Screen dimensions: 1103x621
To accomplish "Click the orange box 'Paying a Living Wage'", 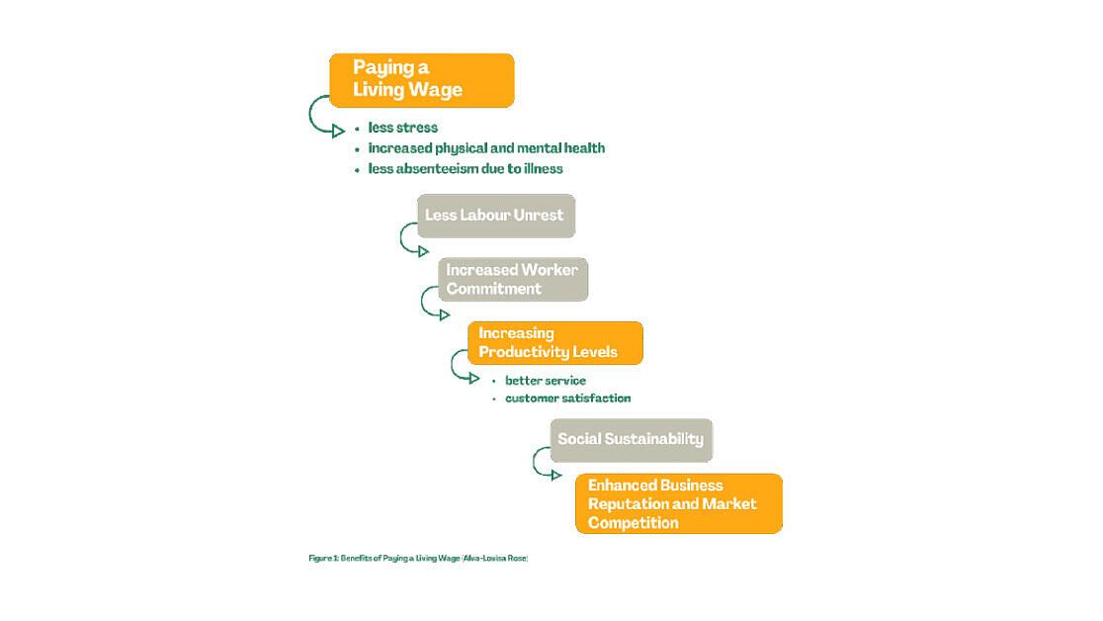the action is (421, 80).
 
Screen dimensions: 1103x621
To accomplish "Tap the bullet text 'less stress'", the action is (402, 128).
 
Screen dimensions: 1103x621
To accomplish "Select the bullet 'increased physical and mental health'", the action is (486, 148).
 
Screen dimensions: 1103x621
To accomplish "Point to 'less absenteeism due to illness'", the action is (465, 168).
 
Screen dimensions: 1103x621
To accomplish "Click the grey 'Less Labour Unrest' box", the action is (496, 216).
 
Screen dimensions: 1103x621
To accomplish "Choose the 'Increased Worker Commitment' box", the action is (513, 280).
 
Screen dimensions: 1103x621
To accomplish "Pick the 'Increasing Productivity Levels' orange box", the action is (555, 343).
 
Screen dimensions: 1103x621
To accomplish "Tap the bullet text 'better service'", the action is (546, 380).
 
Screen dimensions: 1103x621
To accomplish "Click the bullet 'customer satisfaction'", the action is (567, 398).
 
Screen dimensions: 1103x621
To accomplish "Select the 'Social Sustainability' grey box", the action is (631, 440).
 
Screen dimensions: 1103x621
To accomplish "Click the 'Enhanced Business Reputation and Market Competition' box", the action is (679, 503).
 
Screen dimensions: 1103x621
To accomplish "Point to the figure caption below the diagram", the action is (418, 559).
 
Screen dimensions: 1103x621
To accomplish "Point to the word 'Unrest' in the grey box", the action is (538, 215).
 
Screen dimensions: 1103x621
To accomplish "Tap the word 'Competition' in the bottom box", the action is (634, 522).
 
